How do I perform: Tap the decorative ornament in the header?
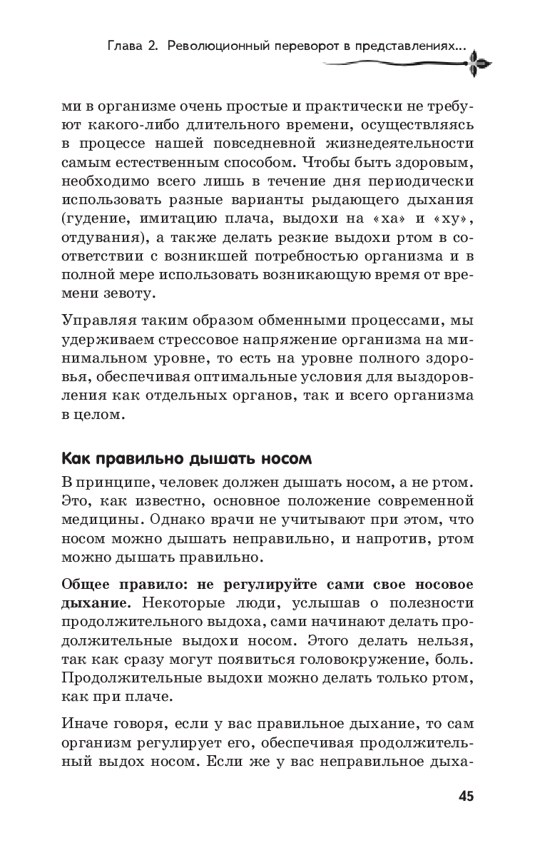479,64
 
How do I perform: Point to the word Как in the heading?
74,457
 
